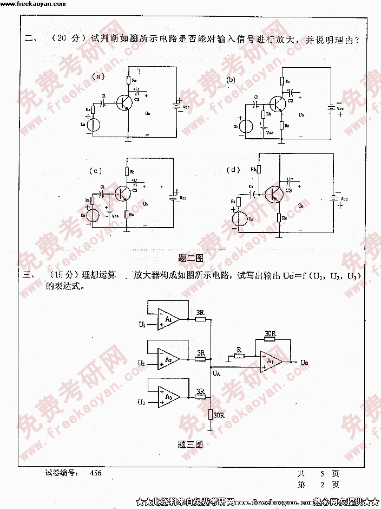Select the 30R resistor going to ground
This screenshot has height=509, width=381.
pos(212,415)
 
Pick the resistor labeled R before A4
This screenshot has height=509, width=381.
pos(238,356)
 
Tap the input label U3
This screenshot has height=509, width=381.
pos(141,402)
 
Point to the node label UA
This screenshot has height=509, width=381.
pos(216,373)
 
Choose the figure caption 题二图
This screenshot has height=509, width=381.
pos(190,258)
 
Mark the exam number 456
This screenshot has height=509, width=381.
pos(95,473)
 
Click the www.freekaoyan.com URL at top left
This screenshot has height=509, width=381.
pos(33,4)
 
